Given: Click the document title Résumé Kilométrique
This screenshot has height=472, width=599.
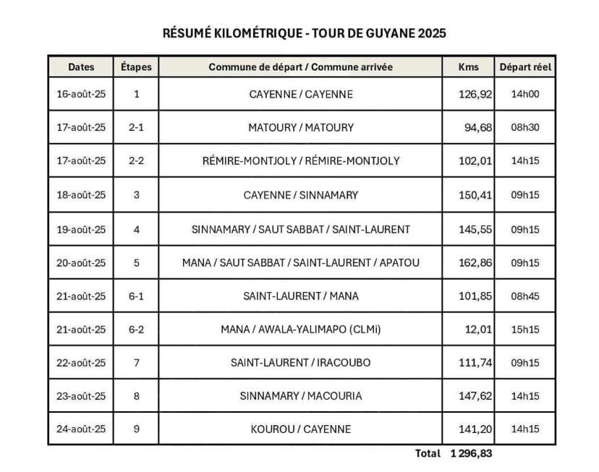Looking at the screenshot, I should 304,33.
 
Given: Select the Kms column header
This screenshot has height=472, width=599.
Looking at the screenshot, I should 469,67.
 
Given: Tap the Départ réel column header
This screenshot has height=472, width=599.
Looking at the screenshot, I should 525,67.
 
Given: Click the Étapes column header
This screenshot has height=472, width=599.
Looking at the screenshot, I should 136,67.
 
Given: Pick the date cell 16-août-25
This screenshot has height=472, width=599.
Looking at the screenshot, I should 81,94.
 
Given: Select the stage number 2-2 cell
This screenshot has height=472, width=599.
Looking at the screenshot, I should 136,161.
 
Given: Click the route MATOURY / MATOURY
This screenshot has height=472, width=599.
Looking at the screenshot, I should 301,128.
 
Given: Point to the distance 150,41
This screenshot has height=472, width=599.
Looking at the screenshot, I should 475,195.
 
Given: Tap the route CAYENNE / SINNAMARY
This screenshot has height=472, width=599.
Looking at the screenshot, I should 301,195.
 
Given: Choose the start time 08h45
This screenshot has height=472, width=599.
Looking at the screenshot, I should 525,296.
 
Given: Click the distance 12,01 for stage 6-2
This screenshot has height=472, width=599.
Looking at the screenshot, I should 477,330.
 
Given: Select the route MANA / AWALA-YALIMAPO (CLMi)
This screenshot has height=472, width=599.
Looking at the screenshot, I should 301,330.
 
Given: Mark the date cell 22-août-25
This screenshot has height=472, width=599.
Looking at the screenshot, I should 81,363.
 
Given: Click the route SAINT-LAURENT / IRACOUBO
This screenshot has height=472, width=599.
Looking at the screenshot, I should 301,363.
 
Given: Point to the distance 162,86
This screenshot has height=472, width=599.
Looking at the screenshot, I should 475,262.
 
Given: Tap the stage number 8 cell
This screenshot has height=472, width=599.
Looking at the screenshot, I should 136,396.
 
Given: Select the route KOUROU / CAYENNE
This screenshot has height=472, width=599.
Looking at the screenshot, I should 301,429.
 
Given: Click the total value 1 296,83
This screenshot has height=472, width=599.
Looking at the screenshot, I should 471,454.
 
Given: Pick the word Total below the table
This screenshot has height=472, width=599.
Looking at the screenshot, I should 428,454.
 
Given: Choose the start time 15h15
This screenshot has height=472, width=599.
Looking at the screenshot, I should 525,330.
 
